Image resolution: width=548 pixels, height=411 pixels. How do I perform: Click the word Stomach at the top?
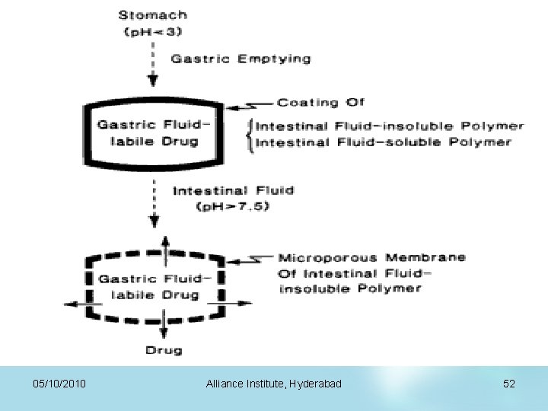pos(153,14)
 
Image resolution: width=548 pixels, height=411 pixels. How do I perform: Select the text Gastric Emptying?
pos(241,59)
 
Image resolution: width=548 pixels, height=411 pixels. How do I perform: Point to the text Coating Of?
pos(320,102)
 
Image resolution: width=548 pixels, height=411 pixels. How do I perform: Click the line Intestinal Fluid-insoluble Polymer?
pos(390,126)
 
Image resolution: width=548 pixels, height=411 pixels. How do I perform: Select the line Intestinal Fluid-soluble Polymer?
pos(384,142)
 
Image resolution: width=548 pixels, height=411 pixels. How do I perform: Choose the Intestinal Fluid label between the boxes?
pos(233,190)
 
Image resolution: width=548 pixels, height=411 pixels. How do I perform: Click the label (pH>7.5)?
pos(233,206)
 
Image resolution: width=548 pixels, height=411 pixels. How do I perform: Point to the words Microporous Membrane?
pos(371,257)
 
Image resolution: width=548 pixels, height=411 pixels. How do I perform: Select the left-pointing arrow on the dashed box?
pos(76,303)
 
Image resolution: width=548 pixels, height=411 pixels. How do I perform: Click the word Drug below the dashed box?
pos(164,350)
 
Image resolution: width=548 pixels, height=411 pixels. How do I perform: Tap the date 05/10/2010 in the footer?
pos(59,384)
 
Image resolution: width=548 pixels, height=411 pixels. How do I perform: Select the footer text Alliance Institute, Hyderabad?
pos(273,384)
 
